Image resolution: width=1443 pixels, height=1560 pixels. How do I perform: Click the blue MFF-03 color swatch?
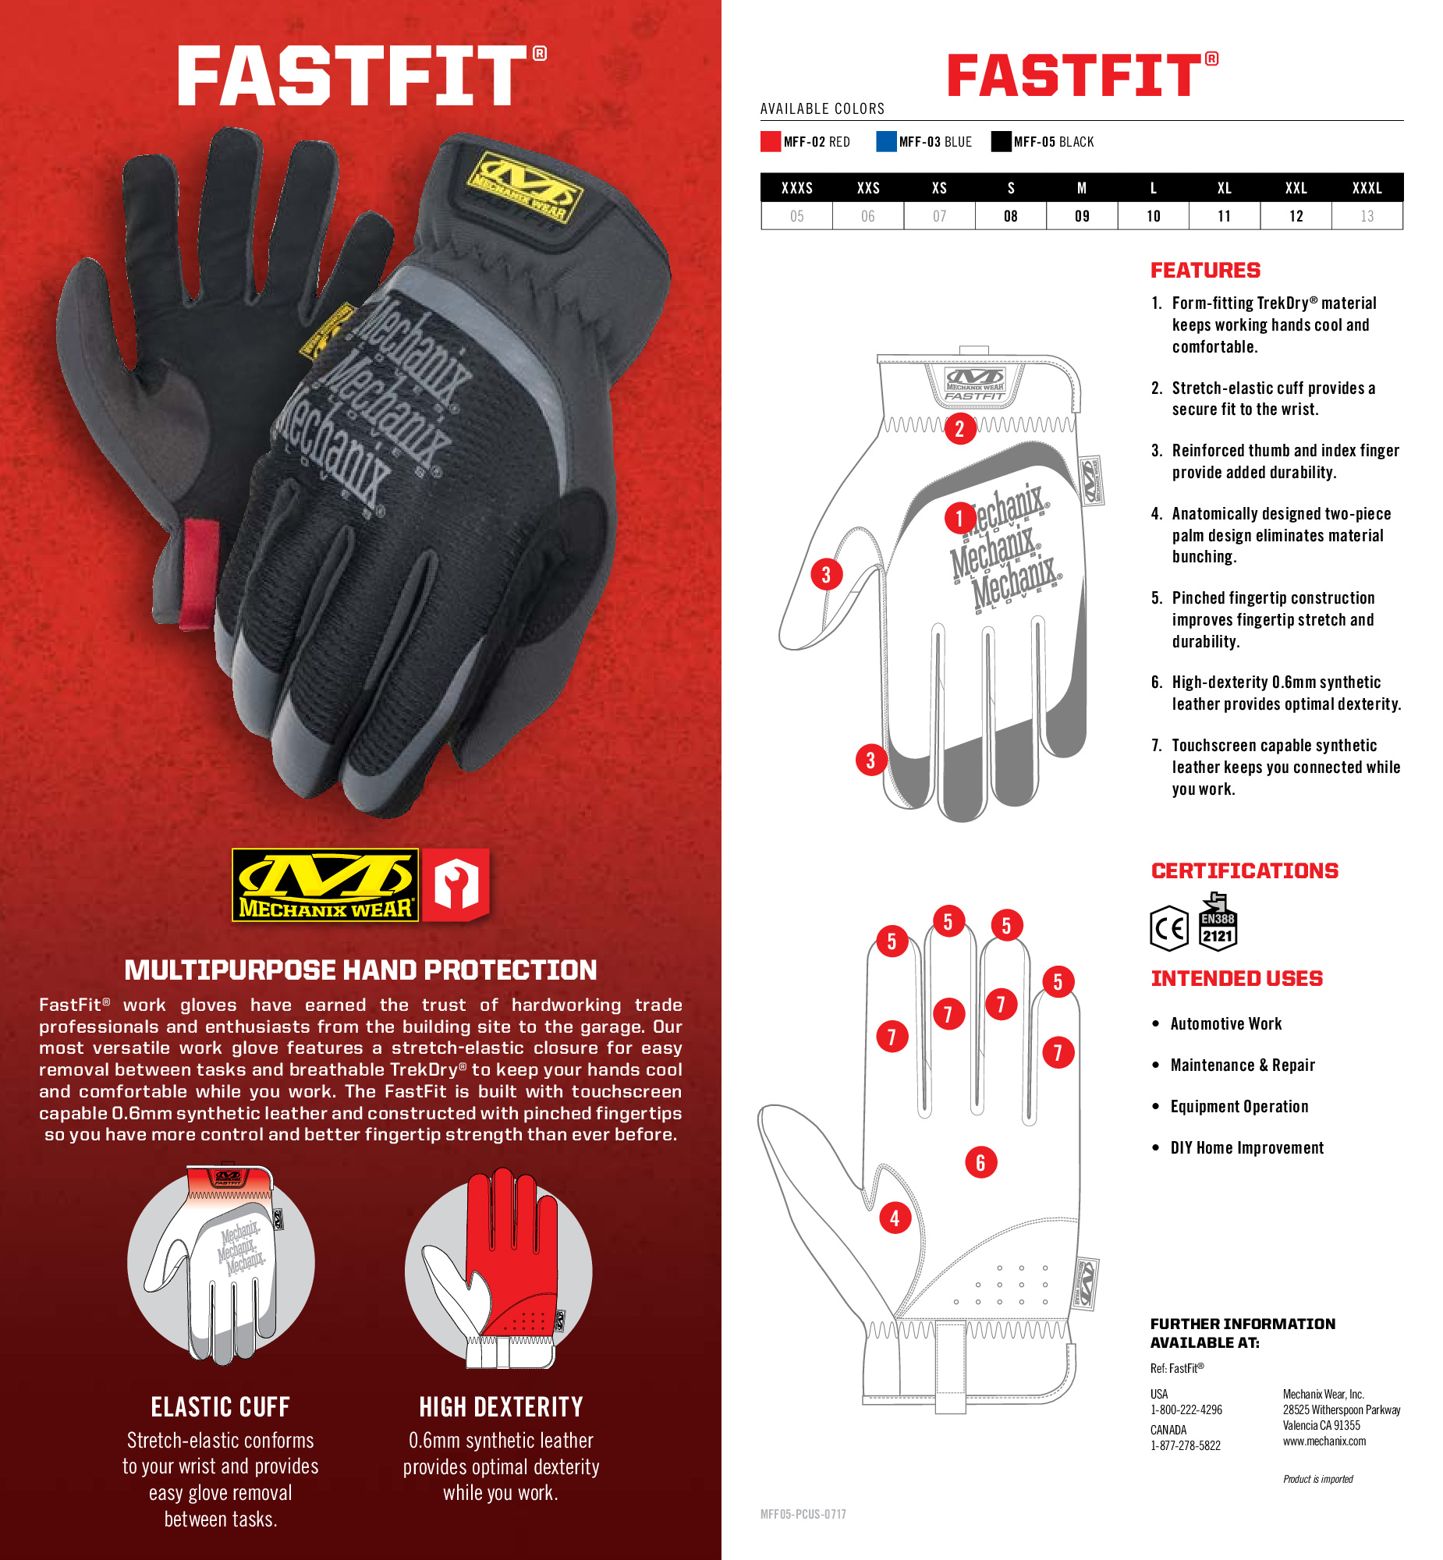(886, 141)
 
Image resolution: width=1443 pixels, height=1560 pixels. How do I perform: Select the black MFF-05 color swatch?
(1001, 141)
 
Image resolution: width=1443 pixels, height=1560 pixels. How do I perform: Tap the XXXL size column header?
(1367, 188)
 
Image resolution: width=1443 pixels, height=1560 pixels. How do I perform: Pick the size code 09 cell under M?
(1081, 216)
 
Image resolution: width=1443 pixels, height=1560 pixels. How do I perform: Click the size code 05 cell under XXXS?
(796, 216)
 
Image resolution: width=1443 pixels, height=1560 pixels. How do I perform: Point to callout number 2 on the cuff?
(959, 429)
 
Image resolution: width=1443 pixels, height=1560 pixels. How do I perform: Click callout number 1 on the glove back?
(959, 518)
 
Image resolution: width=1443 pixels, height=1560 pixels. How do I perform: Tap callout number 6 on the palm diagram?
(980, 1162)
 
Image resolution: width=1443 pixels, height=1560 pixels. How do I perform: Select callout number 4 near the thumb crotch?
(895, 1218)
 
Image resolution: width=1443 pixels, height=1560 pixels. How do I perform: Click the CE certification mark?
(1169, 928)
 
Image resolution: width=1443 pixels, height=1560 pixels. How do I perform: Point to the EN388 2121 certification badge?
(1218, 922)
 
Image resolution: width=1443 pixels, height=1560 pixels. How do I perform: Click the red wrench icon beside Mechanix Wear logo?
(457, 885)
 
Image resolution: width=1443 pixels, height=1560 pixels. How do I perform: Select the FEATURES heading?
(1205, 270)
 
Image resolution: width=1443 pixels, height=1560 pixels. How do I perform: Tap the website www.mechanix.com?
(1324, 1441)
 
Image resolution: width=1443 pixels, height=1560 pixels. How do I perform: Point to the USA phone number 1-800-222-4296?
(1186, 1409)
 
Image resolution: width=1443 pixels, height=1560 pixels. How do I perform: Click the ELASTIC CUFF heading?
(220, 1407)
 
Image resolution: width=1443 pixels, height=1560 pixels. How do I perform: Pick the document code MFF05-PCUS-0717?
(803, 1514)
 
